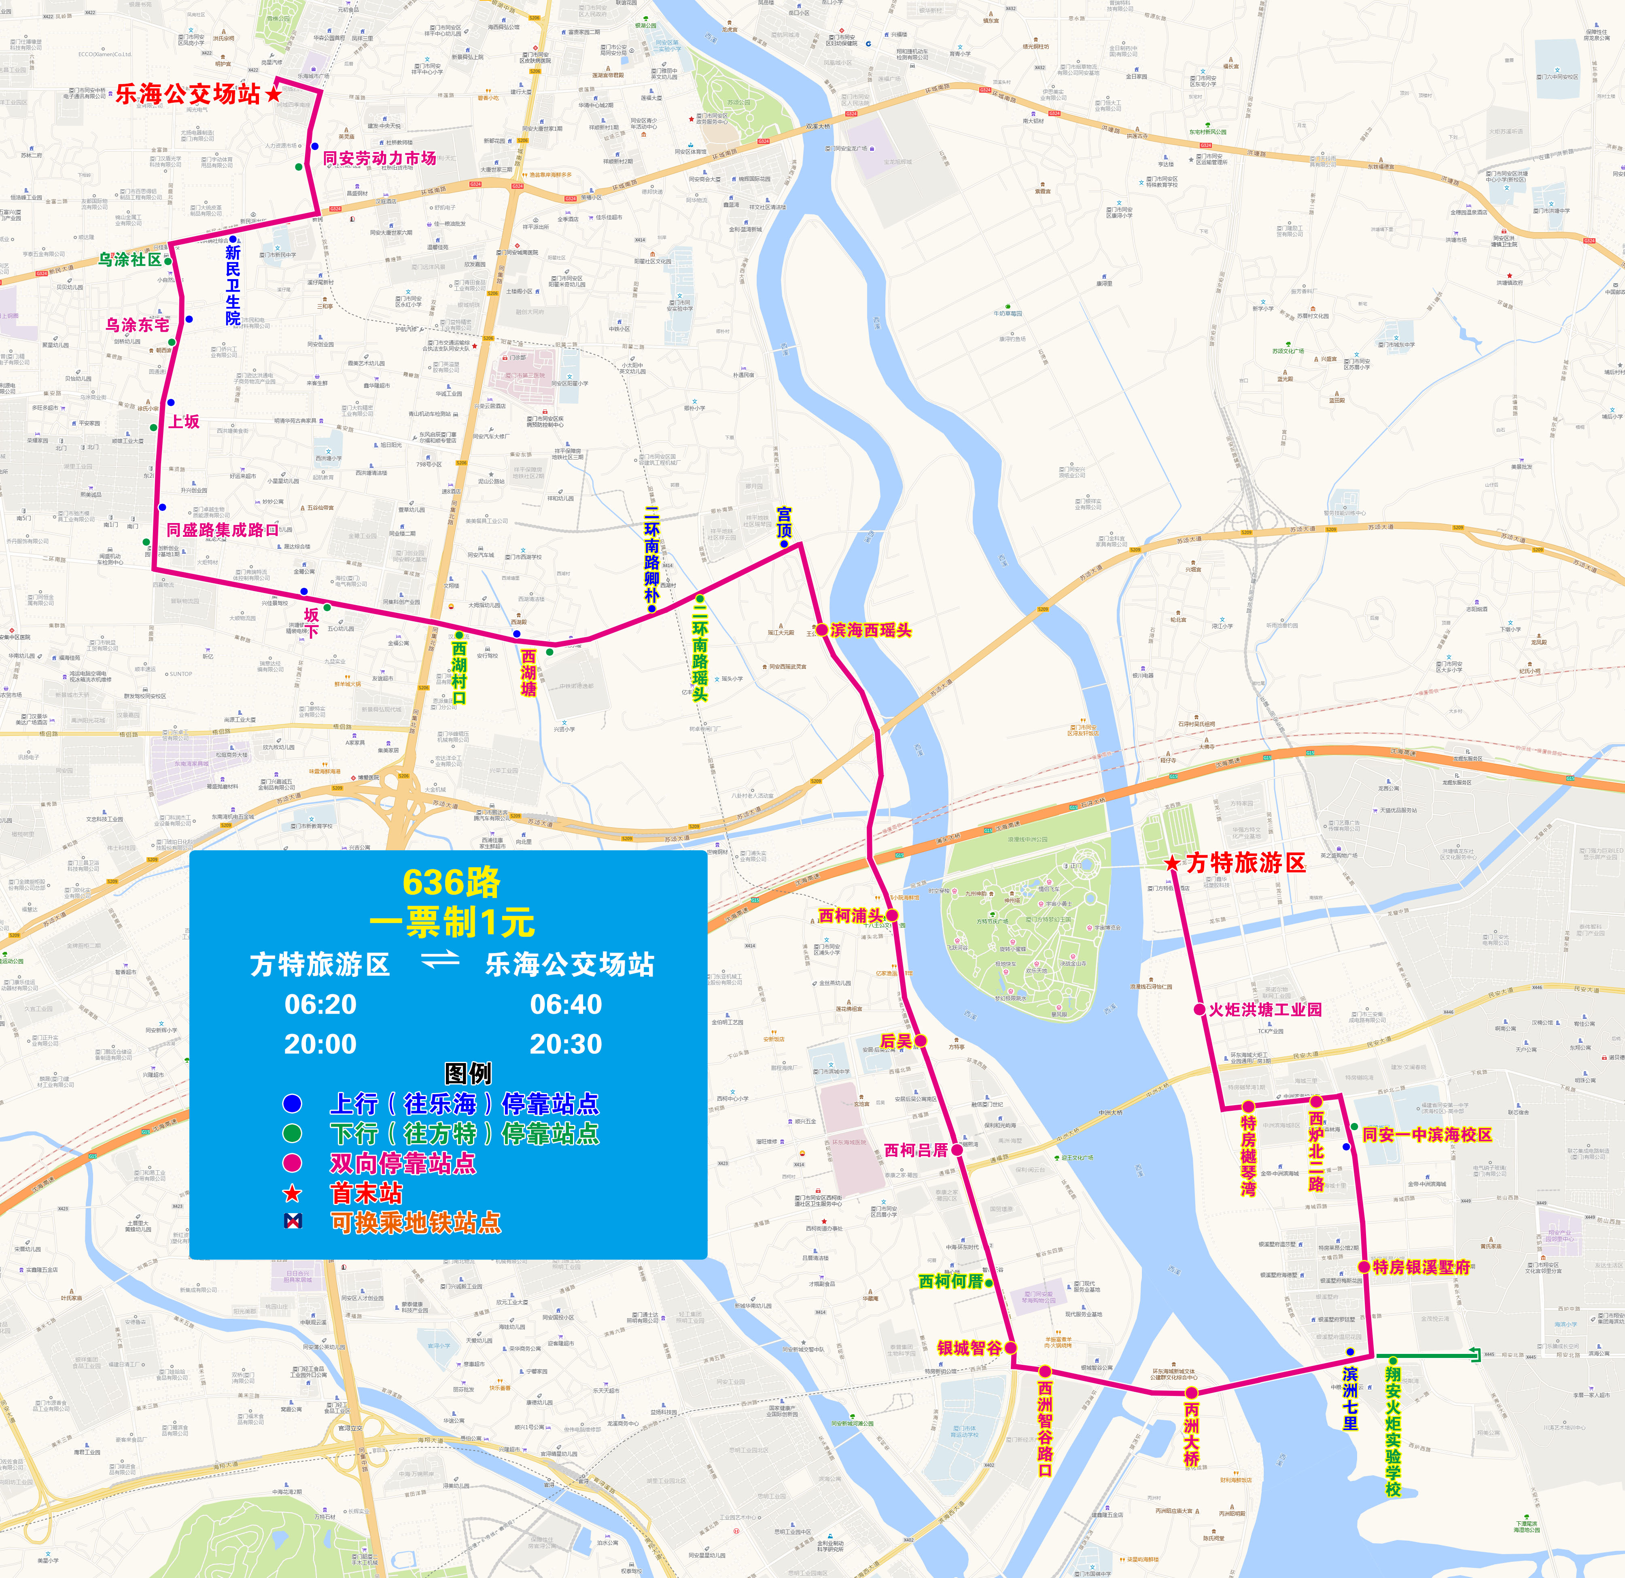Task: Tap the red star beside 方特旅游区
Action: coord(1171,864)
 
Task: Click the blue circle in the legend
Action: coord(292,1104)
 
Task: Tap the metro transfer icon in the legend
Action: coord(292,1221)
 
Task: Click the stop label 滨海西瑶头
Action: coord(870,630)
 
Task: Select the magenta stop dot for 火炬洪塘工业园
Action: coord(1199,1009)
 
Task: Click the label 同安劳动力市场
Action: coord(379,157)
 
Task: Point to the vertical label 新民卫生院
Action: coord(233,284)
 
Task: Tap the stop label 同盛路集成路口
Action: coord(222,530)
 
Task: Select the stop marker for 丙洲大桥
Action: coord(1191,1393)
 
